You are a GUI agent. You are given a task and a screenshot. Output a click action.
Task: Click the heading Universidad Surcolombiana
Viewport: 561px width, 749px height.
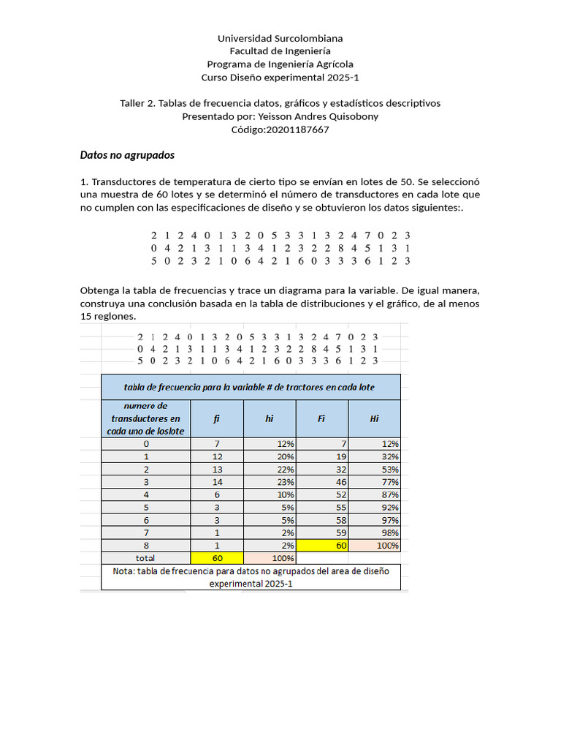(280, 38)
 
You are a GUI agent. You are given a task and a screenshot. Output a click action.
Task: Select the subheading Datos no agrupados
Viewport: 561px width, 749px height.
(126, 155)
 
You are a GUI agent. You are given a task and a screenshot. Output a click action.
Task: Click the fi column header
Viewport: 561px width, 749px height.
(216, 418)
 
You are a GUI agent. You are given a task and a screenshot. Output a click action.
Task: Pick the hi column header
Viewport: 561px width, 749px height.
(269, 418)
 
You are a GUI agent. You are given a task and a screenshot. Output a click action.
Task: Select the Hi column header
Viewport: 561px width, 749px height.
(374, 418)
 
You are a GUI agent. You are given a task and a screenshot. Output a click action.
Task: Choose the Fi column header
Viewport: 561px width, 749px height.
(321, 418)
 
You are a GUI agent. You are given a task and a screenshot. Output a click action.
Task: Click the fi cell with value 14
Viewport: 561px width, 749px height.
(216, 482)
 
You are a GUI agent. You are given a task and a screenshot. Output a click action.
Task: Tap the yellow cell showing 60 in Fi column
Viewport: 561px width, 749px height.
(321, 546)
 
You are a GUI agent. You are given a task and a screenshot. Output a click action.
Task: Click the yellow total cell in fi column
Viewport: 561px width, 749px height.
(216, 558)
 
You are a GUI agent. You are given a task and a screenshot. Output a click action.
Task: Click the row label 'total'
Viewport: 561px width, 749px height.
(145, 558)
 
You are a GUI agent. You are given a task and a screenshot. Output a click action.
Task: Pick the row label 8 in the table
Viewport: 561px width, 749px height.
(145, 546)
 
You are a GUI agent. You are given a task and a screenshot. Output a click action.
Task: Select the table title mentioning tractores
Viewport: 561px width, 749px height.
(251, 387)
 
